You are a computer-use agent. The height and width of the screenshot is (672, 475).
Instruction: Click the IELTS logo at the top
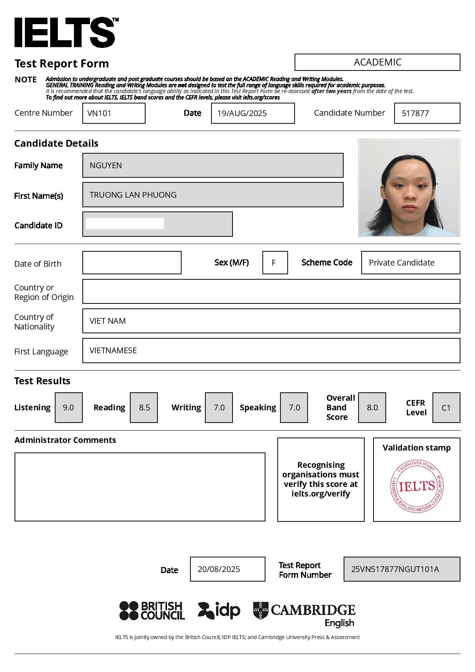65,33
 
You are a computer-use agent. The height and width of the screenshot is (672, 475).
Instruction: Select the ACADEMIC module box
377,62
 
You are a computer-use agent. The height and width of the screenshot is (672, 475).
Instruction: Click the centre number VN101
99,113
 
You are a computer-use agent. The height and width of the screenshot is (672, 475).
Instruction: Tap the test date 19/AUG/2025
242,113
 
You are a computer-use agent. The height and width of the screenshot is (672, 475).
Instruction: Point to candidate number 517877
415,113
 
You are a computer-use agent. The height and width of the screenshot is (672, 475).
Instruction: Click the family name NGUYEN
106,166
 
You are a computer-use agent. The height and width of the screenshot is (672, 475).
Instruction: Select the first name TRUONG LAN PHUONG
133,195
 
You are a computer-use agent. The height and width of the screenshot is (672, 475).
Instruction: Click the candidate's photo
409,188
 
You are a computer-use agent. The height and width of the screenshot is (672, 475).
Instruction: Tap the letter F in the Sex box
274,263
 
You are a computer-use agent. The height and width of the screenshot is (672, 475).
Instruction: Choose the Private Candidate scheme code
401,263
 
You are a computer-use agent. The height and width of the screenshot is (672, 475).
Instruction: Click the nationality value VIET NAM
108,321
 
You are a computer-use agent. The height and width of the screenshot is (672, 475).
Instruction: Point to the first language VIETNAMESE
113,351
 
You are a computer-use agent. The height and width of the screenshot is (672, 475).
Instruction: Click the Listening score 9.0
69,408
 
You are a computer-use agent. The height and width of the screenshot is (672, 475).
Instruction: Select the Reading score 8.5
144,408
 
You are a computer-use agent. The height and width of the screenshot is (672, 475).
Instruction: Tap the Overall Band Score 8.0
372,408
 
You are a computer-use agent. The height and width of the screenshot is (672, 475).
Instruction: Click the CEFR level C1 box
446,408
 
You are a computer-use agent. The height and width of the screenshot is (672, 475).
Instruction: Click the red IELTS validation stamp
417,487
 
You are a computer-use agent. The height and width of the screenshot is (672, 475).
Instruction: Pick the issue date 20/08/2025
219,569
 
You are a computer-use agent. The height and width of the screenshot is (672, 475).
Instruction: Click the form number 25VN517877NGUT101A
395,569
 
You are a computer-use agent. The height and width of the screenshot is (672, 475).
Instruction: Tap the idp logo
219,611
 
